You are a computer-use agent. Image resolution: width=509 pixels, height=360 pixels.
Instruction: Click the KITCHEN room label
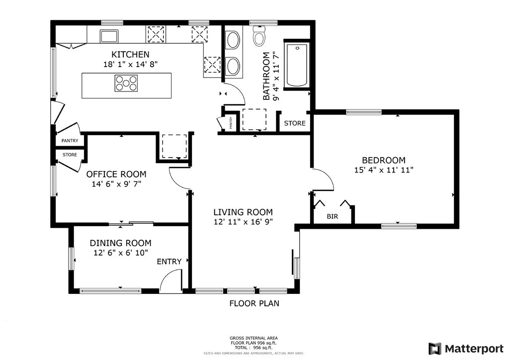[130, 54]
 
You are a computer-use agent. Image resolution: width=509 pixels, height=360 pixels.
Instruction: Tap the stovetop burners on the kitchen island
[126, 83]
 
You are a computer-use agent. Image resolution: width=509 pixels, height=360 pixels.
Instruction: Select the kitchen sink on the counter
[109, 36]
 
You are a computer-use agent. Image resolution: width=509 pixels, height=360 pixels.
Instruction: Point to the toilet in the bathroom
[259, 36]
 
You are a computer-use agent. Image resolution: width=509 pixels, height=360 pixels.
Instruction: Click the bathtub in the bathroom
[297, 65]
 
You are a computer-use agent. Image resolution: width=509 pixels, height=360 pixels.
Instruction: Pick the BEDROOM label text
[384, 160]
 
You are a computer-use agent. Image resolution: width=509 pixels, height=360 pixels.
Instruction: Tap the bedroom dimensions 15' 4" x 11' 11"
[384, 170]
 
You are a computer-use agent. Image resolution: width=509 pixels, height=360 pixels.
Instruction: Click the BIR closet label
[332, 216]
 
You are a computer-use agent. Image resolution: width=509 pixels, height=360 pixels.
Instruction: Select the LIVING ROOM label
[243, 212]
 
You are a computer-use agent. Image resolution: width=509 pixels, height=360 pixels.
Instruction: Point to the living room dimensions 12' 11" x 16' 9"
[243, 222]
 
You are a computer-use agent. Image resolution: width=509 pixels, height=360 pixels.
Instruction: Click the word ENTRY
[169, 262]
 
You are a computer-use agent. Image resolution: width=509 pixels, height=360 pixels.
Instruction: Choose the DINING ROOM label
[120, 243]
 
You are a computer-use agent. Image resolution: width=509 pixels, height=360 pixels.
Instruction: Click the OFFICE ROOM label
[116, 175]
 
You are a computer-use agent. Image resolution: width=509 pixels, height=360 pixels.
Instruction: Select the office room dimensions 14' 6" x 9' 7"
[116, 184]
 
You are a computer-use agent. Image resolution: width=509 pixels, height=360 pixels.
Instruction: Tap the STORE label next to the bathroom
[295, 123]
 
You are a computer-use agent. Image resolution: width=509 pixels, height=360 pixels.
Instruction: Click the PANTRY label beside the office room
[70, 141]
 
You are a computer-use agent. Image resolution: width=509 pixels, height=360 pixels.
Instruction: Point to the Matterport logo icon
[434, 349]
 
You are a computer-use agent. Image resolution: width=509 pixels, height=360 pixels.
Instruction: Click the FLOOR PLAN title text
[254, 303]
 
